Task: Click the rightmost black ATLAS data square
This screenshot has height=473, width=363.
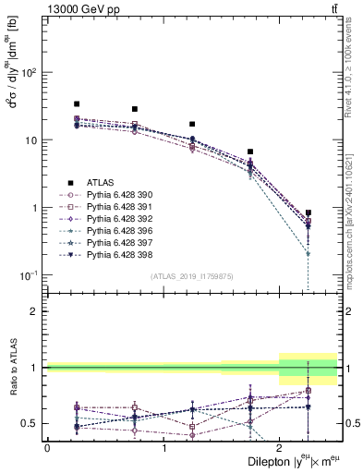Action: click(x=308, y=212)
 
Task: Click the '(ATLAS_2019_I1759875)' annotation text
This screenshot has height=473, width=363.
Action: click(x=192, y=276)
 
